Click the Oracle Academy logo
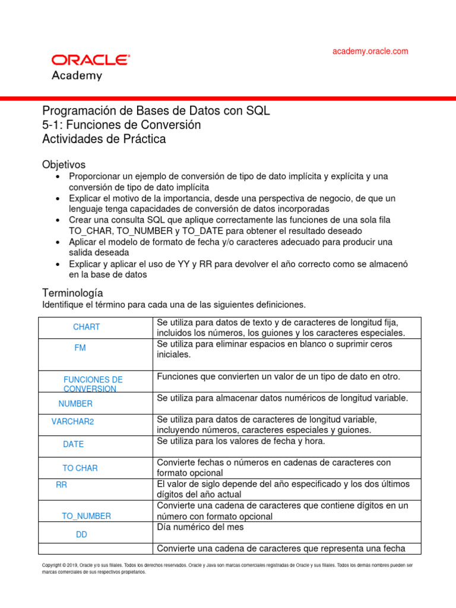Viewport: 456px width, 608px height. pos(90,66)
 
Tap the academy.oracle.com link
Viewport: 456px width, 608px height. pos(370,51)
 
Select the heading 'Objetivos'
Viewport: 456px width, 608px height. pos(64,164)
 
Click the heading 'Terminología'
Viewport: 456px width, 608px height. pos(72,293)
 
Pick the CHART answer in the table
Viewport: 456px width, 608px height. pos(87,327)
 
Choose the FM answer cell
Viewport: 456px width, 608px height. pos(80,348)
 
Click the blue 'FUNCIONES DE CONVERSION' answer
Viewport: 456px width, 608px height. pos(93,384)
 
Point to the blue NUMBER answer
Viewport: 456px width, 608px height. pos(75,404)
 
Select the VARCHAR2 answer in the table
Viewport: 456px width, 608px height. pos(73,422)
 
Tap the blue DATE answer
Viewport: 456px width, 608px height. pos(74,444)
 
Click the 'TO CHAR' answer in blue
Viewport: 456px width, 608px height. pos(80,468)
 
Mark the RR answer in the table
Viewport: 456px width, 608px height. pos(62,485)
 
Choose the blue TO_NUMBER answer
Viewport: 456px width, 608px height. pos(86,517)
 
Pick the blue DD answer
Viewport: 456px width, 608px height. pos(82,535)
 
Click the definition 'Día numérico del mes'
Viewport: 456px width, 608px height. pos(200,527)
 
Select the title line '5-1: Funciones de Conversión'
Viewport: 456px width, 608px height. pos(121,125)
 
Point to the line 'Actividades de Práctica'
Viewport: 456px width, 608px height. pos(104,140)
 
